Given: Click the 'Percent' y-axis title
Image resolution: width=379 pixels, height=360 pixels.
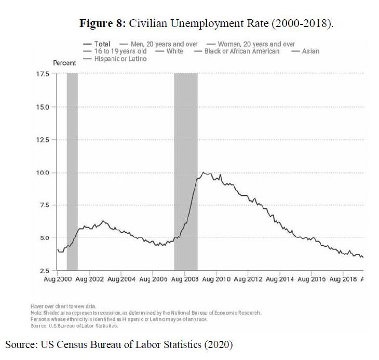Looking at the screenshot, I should (x=65, y=63).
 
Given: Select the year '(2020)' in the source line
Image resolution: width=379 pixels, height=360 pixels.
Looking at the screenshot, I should (x=221, y=344).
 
